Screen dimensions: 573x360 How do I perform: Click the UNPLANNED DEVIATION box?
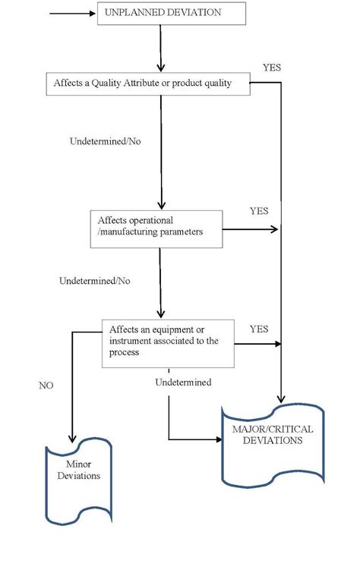coord(172,14)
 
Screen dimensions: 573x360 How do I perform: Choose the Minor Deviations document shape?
coord(78,481)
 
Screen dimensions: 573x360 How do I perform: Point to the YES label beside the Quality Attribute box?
coord(271,67)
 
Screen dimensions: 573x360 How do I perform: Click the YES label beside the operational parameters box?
coord(259,210)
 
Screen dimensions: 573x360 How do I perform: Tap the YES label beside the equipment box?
coord(259,329)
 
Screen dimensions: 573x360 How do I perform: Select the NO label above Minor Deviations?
coord(46,386)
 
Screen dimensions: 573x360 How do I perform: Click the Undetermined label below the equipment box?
coord(183,383)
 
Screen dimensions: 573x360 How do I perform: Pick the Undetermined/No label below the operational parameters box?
coord(94,281)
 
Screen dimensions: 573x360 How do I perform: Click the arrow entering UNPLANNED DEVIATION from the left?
coord(72,14)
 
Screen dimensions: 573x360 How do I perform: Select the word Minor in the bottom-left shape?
coord(78,465)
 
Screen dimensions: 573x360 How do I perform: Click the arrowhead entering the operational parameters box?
coord(160,206)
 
